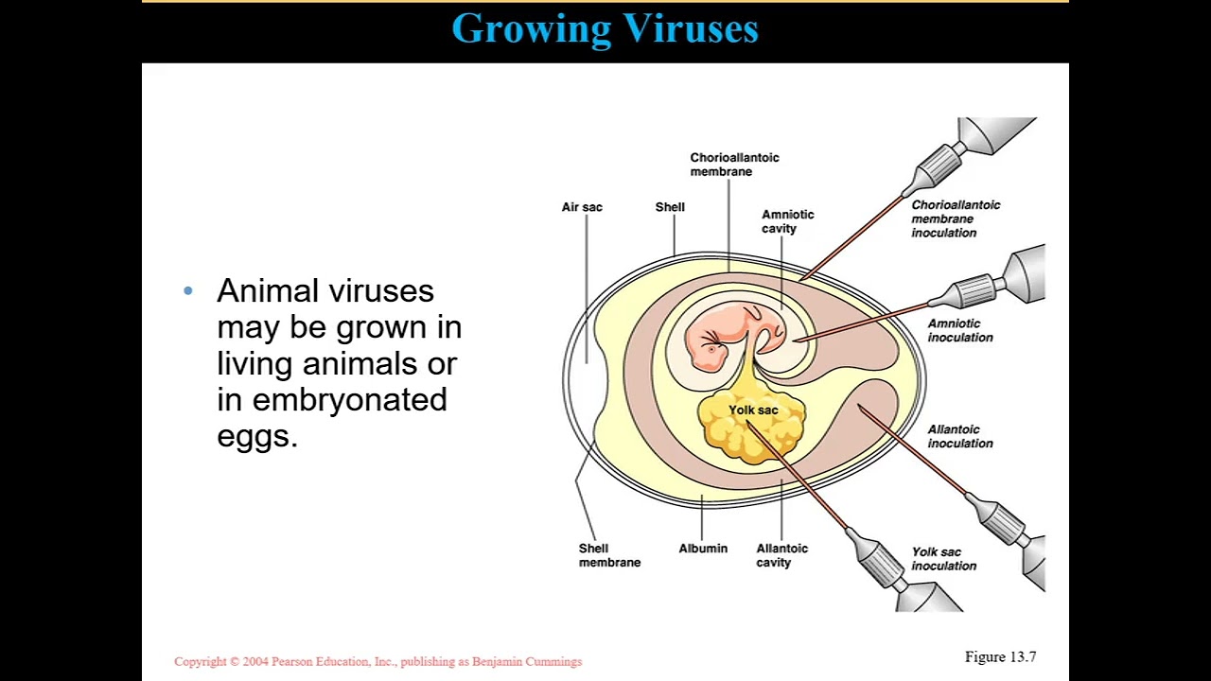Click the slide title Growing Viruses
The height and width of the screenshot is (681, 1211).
[605, 29]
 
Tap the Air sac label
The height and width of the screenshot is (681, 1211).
[582, 207]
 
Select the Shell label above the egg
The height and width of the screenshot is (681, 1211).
[670, 207]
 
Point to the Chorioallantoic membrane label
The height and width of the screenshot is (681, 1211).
[734, 165]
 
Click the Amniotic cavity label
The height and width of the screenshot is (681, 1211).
[787, 221]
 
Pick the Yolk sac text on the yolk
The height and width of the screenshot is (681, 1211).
[753, 410]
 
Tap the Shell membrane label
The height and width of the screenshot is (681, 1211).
[609, 555]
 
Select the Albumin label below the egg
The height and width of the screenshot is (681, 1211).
[703, 549]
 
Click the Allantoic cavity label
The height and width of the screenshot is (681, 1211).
[781, 555]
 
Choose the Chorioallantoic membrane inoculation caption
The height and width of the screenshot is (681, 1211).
[956, 218]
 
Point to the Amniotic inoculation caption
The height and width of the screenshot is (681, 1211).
[959, 330]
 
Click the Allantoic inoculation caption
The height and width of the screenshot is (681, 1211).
[959, 436]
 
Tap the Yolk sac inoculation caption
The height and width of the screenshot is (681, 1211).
[943, 559]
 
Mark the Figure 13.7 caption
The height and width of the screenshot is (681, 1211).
[1000, 657]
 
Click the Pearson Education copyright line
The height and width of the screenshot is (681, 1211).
[377, 662]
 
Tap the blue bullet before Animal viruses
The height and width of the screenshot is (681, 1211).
[188, 291]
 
